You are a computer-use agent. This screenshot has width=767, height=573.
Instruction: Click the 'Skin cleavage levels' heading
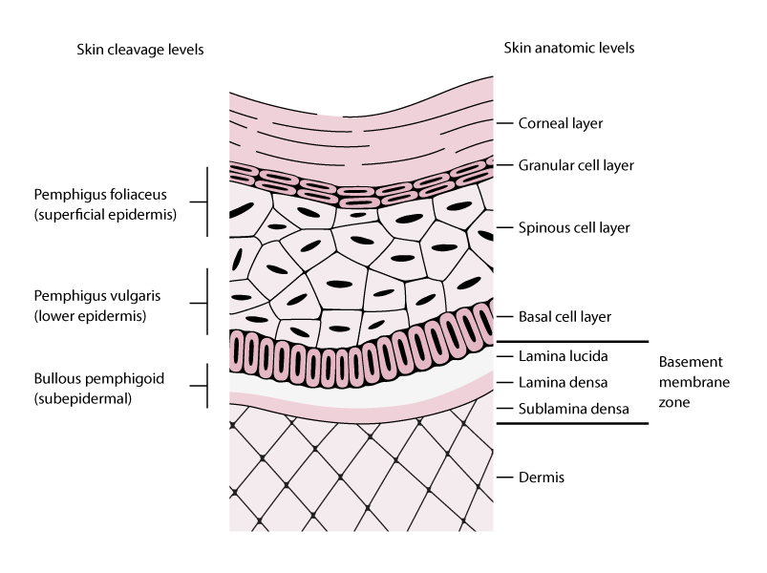[139, 50]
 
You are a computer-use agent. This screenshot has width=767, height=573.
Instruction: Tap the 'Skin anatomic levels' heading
[568, 48]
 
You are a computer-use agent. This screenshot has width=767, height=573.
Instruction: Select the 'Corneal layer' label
[560, 123]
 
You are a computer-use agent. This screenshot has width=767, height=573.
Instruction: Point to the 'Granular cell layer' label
[577, 165]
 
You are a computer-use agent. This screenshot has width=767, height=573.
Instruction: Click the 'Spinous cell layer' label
[574, 228]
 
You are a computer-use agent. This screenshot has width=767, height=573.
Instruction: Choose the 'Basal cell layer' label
[564, 316]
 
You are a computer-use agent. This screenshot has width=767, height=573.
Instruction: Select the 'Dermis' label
[540, 477]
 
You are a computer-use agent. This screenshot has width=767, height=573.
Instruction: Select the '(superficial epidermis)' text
[105, 215]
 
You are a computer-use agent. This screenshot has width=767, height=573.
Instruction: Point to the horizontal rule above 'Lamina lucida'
[572, 341]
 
